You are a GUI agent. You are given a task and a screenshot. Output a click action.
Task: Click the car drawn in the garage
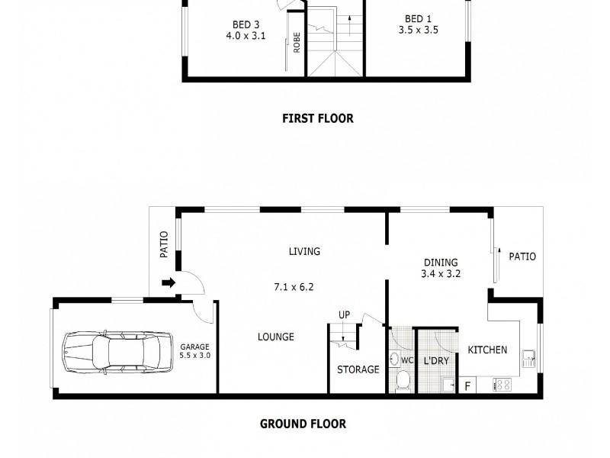(x=118, y=353)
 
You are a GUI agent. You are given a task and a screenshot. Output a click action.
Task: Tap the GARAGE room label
(x=194, y=347)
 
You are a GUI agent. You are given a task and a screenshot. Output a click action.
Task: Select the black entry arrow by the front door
(x=169, y=282)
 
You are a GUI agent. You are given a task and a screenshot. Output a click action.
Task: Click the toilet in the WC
(x=402, y=380)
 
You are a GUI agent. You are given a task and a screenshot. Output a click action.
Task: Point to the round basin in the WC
(x=394, y=359)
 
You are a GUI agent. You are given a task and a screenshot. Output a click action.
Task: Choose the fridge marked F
(x=467, y=385)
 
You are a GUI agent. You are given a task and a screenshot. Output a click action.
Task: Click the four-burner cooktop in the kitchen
(x=502, y=385)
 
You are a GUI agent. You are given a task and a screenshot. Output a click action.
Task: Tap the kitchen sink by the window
(x=528, y=359)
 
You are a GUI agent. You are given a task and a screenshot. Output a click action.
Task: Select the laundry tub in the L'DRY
(x=448, y=385)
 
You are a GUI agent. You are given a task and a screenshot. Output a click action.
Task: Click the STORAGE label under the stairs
(x=358, y=369)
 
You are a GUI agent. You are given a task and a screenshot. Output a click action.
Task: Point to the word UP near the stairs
(x=344, y=314)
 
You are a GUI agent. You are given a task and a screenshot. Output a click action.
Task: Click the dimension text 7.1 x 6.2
(x=294, y=287)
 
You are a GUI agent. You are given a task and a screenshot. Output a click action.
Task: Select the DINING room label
(x=441, y=263)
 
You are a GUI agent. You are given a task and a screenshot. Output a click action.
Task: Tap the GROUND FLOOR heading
(x=303, y=424)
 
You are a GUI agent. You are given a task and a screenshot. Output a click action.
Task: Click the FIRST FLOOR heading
(x=318, y=118)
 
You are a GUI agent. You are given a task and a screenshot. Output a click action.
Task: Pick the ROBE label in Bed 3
(x=297, y=43)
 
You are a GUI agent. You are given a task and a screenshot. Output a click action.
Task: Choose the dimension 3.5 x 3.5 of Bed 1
(x=418, y=30)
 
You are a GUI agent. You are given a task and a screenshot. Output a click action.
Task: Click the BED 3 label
(x=246, y=24)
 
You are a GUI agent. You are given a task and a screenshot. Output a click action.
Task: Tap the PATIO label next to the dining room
(x=522, y=256)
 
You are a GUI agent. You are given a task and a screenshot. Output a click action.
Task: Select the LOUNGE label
(x=276, y=337)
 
